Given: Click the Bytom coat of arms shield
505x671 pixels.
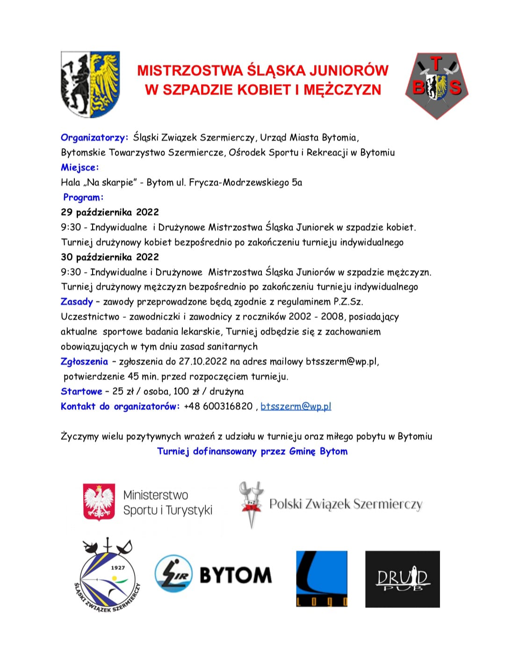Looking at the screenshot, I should pos(90,84).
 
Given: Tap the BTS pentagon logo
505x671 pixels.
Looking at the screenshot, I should pos(437,85).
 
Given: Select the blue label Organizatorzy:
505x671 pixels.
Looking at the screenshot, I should pos(94,137).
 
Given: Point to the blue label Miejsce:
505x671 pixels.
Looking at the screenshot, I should pos(79,167).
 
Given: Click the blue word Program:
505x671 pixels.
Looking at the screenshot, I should pos(83,197).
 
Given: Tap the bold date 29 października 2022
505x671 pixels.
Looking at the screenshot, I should pos(110,212).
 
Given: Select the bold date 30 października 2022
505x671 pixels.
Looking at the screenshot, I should pos(110,257).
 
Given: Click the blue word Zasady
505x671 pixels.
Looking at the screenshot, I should pos(77,302).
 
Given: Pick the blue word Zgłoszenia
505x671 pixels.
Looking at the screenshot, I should pos(84,361).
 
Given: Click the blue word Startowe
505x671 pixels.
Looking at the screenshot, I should pos(81,391).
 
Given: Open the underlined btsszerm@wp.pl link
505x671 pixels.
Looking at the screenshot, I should pos(296,406).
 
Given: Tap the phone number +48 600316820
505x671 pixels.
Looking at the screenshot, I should pos(218,406).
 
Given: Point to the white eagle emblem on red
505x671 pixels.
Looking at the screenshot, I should pos(99,502).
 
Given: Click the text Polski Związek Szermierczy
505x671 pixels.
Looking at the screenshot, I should pos(346,504).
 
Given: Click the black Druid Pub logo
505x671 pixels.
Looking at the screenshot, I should pos(402,579).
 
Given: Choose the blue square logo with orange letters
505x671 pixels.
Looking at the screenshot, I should pos(322,578).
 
